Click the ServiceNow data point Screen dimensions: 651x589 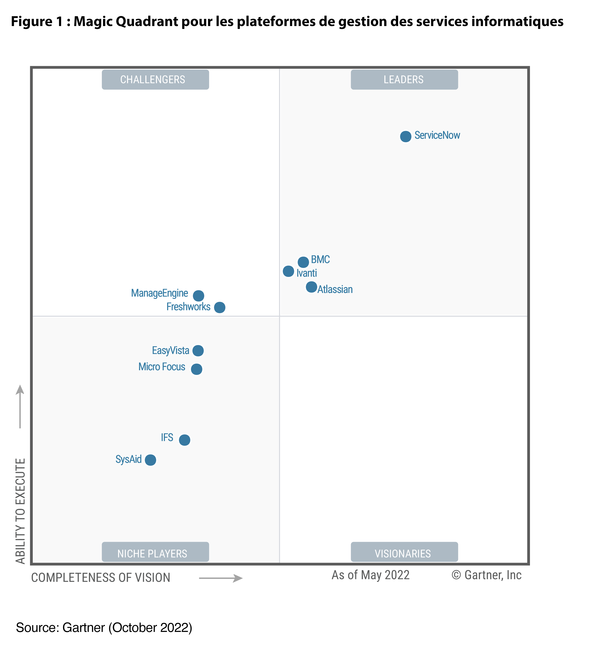(x=406, y=136)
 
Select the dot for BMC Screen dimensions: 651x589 (x=303, y=262)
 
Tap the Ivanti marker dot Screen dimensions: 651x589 (x=288, y=271)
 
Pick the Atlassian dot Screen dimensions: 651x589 (x=311, y=287)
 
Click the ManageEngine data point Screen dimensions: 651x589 (x=198, y=295)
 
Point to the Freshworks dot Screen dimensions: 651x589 (x=220, y=307)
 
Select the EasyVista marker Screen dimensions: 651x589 (x=198, y=350)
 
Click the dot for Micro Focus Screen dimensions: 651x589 (x=196, y=369)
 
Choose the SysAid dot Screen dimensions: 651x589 (x=150, y=460)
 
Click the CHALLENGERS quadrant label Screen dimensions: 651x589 (x=155, y=79)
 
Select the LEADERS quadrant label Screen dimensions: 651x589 (x=404, y=79)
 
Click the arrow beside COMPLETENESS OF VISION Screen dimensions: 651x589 (x=221, y=578)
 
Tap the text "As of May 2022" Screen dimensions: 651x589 (x=370, y=575)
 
